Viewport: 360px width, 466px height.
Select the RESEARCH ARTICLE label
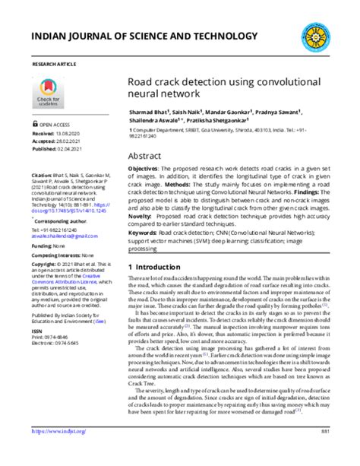point(55,66)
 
